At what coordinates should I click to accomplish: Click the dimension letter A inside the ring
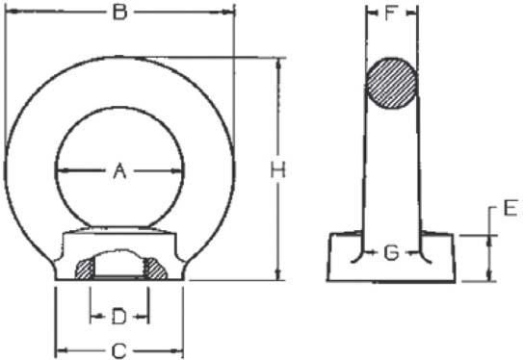(119, 171)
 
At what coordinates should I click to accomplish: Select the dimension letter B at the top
(119, 13)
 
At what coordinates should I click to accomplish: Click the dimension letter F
(391, 14)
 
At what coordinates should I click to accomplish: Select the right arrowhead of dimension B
(230, 13)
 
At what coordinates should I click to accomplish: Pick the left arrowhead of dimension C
(57, 350)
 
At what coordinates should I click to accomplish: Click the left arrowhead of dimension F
(369, 14)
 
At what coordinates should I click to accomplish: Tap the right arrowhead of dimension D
(145, 316)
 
